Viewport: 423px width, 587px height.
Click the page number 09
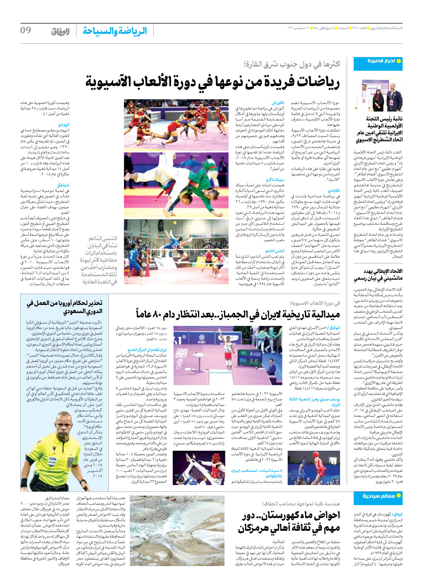[26, 30]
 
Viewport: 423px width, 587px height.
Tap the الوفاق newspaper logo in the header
[60, 31]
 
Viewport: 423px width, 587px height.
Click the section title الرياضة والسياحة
[115, 31]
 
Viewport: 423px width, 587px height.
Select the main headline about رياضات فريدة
[212, 82]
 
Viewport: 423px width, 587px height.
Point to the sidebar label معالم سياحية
[379, 496]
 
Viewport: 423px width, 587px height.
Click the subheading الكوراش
[278, 103]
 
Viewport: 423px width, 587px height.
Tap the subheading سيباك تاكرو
[275, 179]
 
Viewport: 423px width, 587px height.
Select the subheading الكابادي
[333, 191]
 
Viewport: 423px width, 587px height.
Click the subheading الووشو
[64, 125]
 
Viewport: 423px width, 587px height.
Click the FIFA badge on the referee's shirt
[53, 459]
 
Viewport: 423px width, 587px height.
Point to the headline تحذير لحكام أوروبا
[65, 307]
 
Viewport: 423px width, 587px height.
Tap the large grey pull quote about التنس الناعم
[98, 260]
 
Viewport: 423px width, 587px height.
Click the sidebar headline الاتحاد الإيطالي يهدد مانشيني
[378, 275]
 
